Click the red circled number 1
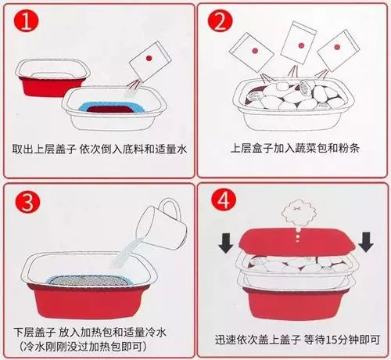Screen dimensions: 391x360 pyautogui.click(x=27, y=21)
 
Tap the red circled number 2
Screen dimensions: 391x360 pyautogui.click(x=220, y=21)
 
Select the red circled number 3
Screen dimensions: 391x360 pyautogui.click(x=27, y=201)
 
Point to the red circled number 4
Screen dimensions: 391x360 pyautogui.click(x=224, y=200)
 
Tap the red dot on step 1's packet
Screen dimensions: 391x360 pyautogui.click(x=149, y=58)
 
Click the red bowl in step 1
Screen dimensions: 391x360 pyautogui.click(x=52, y=78)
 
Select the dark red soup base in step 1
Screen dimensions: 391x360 pyautogui.click(x=111, y=110)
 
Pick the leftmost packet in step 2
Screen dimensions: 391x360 pyautogui.click(x=251, y=52)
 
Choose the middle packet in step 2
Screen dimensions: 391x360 pyautogui.click(x=299, y=43)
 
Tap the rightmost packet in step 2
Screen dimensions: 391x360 pyautogui.click(x=338, y=51)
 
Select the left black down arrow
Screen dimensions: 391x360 pyautogui.click(x=226, y=243)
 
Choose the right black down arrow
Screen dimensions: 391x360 pyautogui.click(x=366, y=243)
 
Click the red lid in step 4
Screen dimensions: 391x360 pyautogui.click(x=297, y=242)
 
